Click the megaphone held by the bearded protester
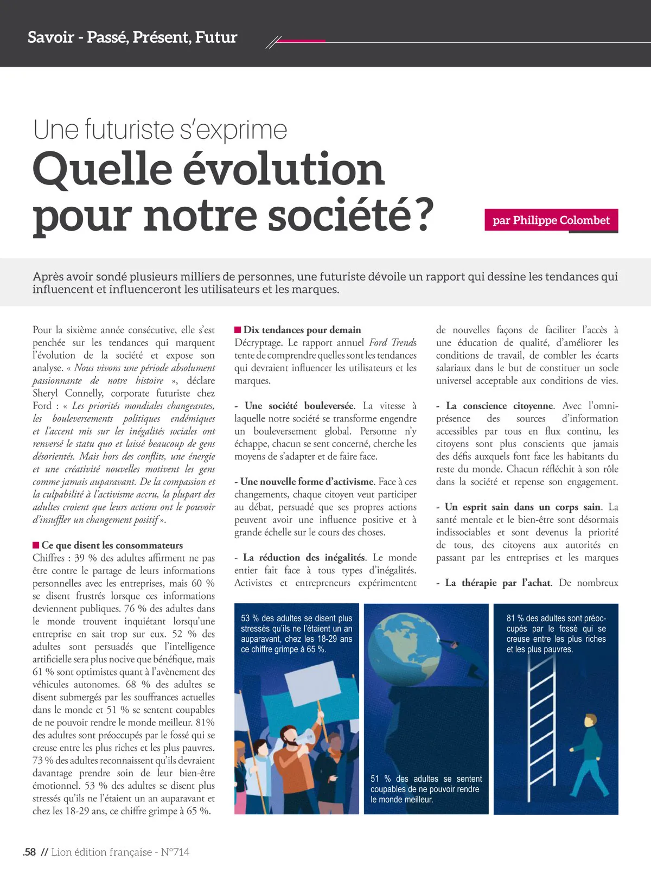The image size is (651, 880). click(306, 736)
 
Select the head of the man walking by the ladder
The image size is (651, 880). click(590, 722)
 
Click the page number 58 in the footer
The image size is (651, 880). click(30, 852)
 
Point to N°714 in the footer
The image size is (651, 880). click(175, 852)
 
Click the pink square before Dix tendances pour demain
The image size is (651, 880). click(238, 330)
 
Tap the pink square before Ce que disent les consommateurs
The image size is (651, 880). click(36, 545)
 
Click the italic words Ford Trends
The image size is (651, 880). click(393, 342)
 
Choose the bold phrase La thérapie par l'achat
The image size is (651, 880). click(498, 583)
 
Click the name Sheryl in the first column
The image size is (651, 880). click(45, 393)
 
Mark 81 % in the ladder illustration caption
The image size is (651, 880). click(515, 618)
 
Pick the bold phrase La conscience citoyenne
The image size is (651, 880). click(500, 406)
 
